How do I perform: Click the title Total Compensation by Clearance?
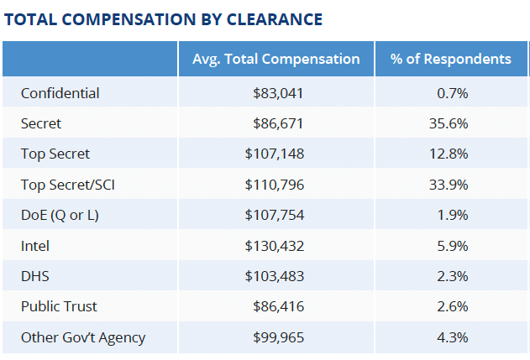tap(163, 18)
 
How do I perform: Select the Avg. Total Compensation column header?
tap(275, 59)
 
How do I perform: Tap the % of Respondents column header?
tap(451, 59)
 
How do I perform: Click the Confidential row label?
tap(60, 93)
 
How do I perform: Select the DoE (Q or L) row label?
tap(60, 215)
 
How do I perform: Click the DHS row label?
tap(35, 276)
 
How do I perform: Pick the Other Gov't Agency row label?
tap(83, 337)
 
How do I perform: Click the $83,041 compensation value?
tap(278, 93)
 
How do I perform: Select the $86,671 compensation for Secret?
tap(278, 123)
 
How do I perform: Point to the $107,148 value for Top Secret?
tap(275, 154)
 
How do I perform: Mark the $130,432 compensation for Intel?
tap(275, 246)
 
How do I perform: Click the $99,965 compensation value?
tap(278, 337)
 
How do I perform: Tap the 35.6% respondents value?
tap(451, 123)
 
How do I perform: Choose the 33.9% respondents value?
tap(451, 185)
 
